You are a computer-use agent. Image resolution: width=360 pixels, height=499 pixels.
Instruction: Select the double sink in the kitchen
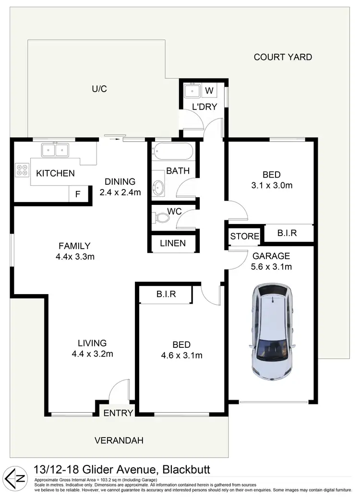pos(55,150)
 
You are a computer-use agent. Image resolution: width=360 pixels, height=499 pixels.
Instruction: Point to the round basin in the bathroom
pos(158,187)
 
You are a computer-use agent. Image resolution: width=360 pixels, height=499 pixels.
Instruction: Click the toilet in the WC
pos(162,219)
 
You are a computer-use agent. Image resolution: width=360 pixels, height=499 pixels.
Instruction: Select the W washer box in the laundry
pos(210,90)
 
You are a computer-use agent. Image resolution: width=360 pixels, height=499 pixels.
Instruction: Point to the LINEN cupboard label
pos(173,243)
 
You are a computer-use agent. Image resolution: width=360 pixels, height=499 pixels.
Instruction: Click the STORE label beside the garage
pos(245,236)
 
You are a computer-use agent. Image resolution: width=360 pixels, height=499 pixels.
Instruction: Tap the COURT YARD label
pos(283,57)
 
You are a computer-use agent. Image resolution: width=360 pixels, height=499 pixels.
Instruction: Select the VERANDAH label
pos(119,440)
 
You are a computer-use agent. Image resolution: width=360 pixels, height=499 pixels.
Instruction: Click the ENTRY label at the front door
pos(118,413)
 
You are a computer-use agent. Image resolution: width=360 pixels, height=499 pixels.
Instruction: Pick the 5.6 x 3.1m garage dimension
pos(272,267)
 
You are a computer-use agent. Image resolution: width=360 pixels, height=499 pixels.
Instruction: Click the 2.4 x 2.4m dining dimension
pos(120,192)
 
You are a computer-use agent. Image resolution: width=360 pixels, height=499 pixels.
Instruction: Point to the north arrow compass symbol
pos(14,477)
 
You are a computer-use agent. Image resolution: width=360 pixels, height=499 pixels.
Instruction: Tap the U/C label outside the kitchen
pos(99,89)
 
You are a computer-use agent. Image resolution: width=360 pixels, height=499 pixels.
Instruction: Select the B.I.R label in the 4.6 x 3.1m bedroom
pos(166,294)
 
